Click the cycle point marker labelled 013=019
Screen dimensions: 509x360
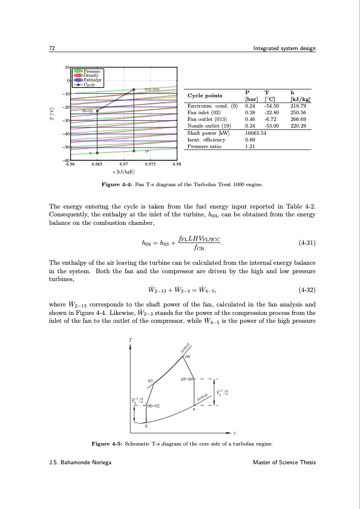click(x=134, y=89)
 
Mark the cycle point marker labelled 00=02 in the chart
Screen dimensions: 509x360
click(x=97, y=111)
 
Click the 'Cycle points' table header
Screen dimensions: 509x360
click(x=205, y=96)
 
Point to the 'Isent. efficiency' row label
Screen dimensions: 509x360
click(x=206, y=139)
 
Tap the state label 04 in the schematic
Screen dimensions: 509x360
click(x=188, y=357)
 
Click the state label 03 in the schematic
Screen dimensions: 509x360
click(x=151, y=380)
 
